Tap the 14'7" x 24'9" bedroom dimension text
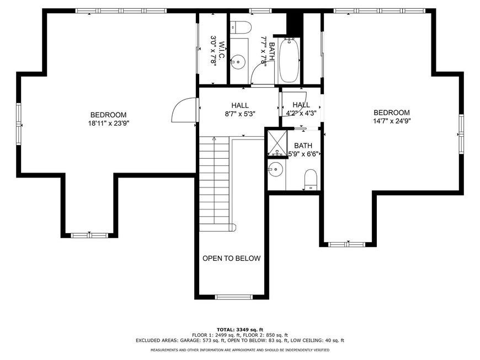tap(392, 121)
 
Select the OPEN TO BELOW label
tap(231, 258)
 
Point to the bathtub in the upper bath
tap(289, 60)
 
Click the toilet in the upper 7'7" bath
tap(241, 27)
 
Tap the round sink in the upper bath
tap(238, 62)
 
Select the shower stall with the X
tap(278, 143)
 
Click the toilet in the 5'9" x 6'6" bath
tap(311, 180)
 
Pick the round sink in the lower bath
tap(276, 169)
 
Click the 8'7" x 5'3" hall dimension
tap(240, 114)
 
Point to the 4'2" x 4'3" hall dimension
tap(301, 113)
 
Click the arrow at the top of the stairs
tap(214, 139)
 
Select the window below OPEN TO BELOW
tap(234, 297)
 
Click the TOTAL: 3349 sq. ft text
tap(240, 330)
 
